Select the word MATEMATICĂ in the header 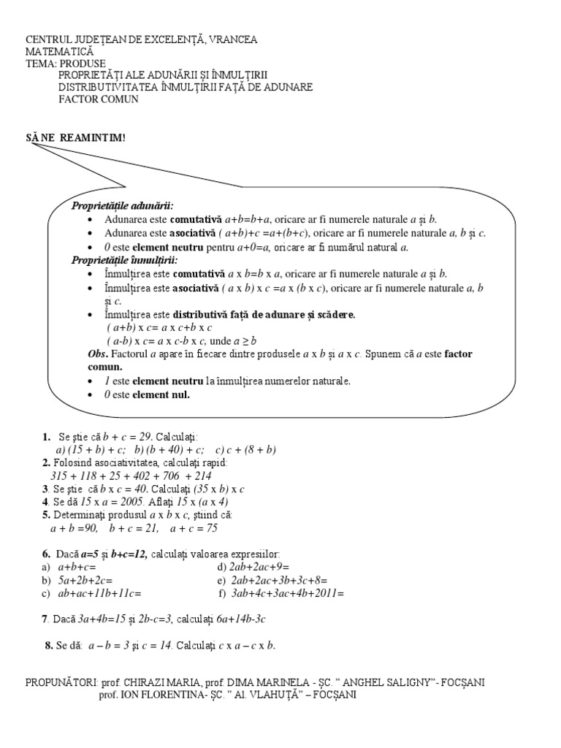[x=60, y=52]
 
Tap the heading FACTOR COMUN [x=99, y=99]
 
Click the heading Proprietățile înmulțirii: [x=124, y=260]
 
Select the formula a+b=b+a [x=248, y=219]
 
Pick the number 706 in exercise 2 [x=163, y=476]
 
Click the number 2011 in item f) [x=329, y=593]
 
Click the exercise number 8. [x=49, y=646]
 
